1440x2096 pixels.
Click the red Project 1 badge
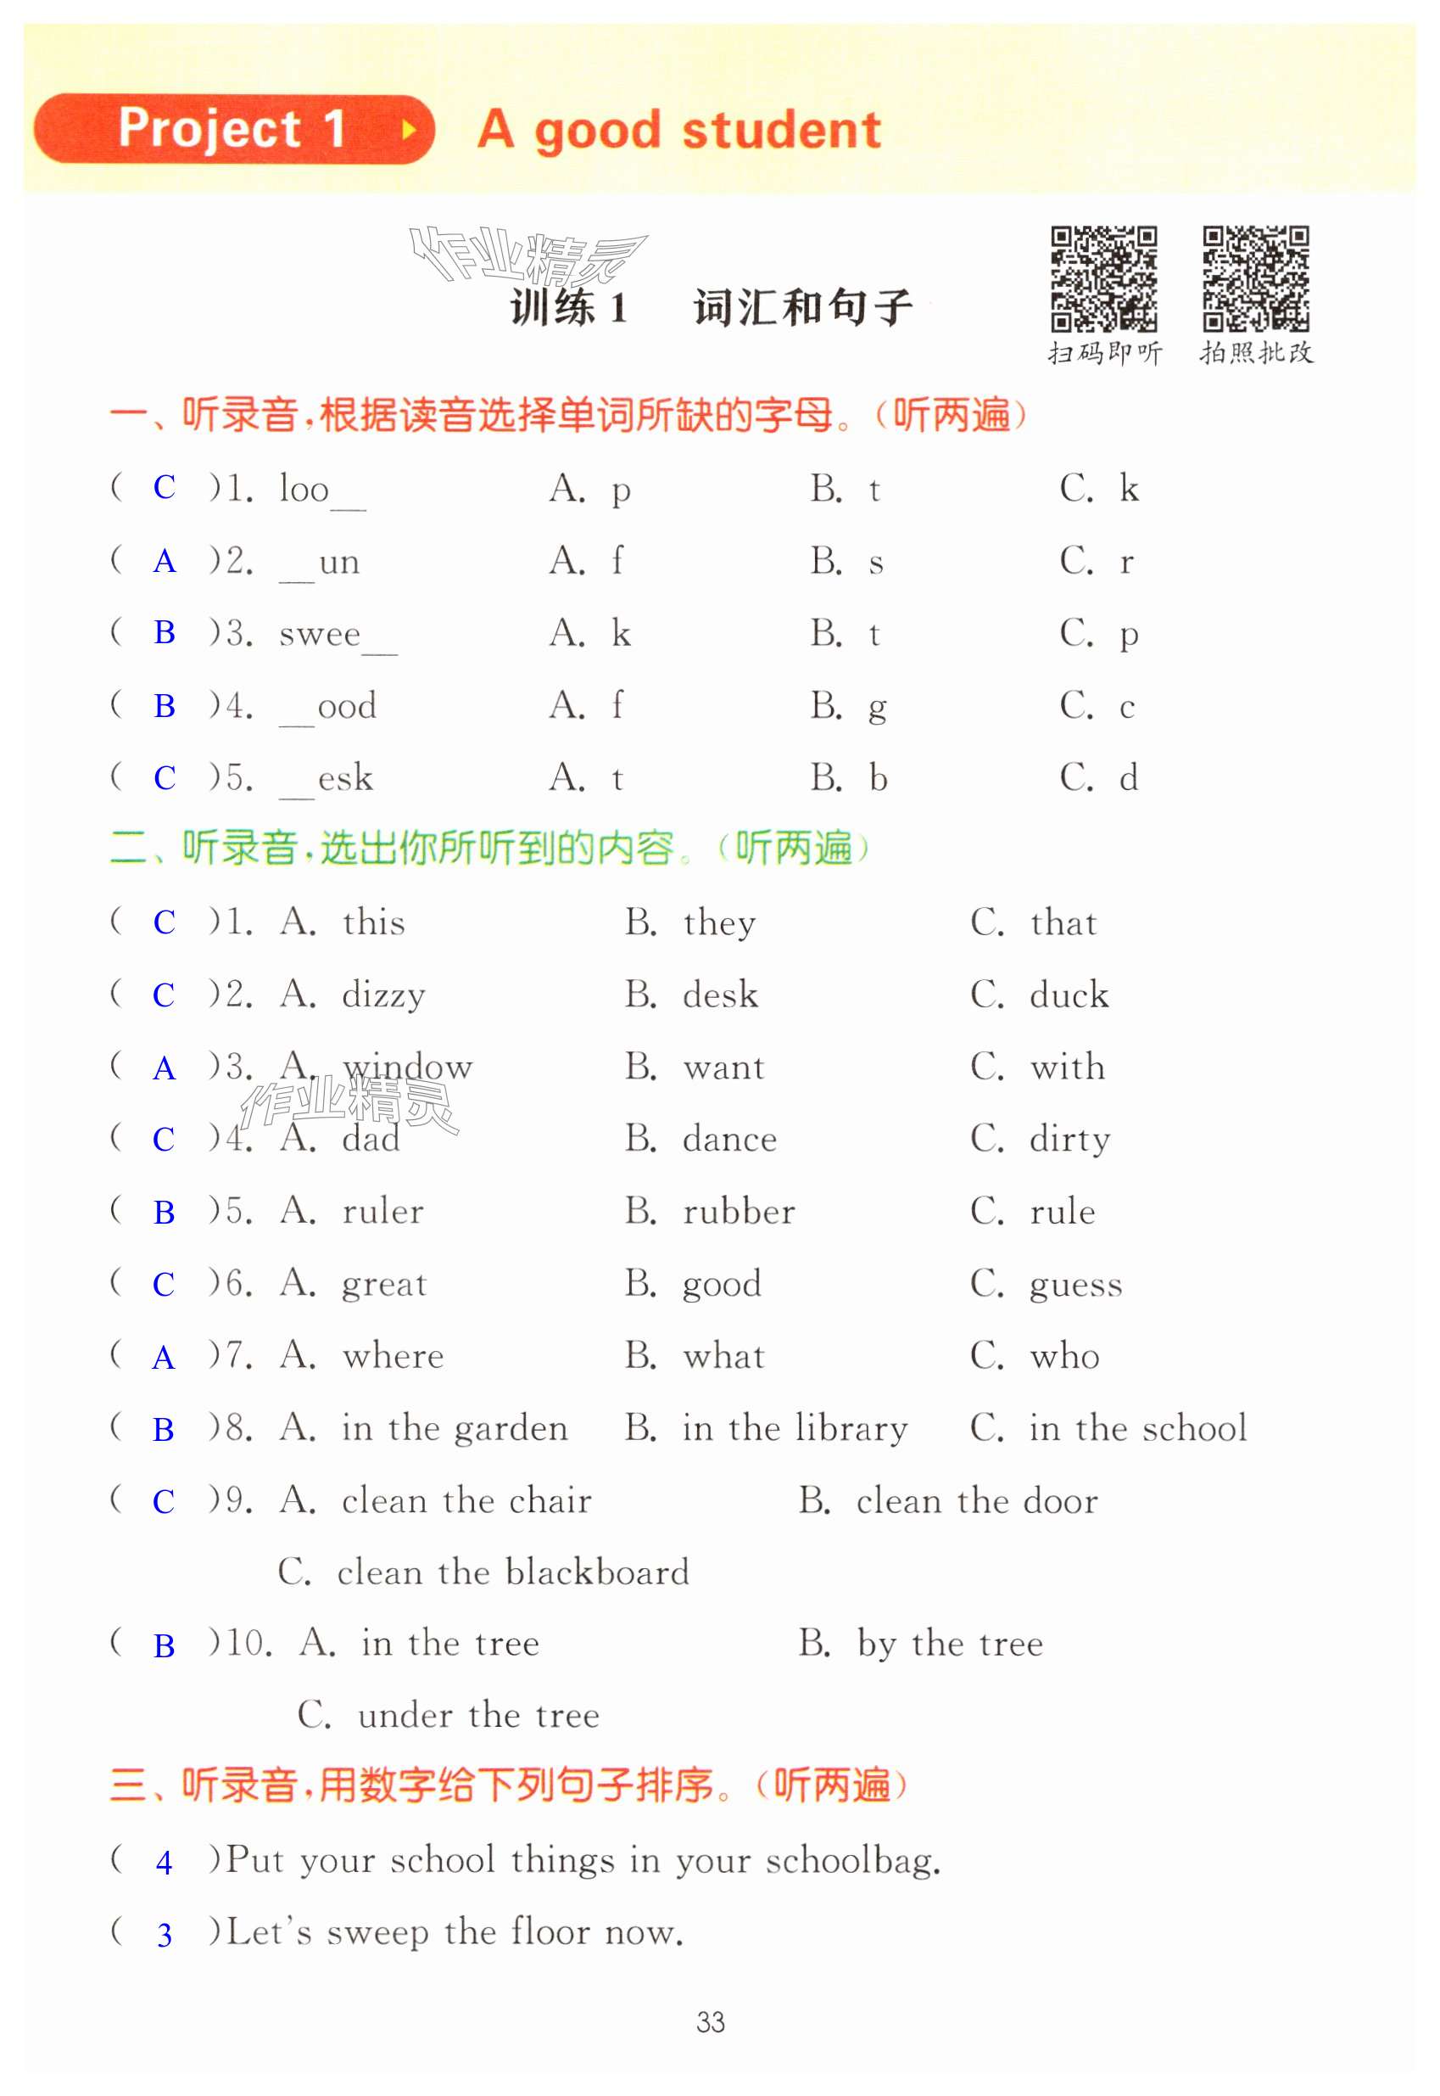click(232, 129)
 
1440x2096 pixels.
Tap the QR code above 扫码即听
click(1103, 279)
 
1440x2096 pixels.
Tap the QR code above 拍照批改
click(1255, 279)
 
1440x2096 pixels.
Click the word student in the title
click(781, 130)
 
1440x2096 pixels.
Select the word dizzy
click(383, 995)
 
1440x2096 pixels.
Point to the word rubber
click(739, 1213)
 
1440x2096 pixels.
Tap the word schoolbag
click(852, 1861)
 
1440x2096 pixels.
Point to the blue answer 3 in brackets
click(164, 1936)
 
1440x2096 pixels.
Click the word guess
click(1075, 1285)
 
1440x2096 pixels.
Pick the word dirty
click(1069, 1140)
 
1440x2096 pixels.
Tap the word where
click(393, 1357)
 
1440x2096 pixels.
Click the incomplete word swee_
click(336, 635)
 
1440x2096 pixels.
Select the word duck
click(1069, 995)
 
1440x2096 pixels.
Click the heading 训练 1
click(568, 308)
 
